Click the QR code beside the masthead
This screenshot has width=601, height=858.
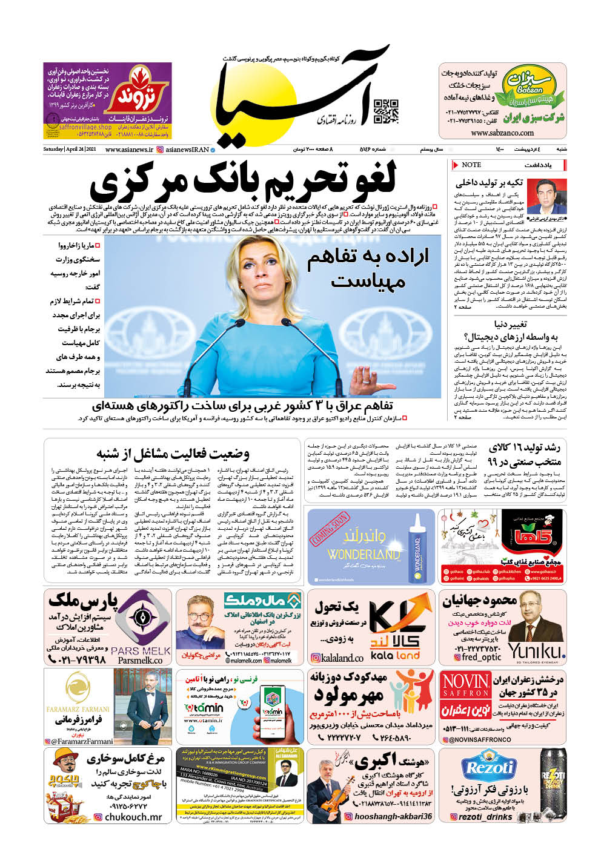(x=385, y=110)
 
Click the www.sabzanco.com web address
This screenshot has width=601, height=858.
(x=502, y=133)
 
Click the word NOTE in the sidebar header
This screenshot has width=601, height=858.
(x=471, y=165)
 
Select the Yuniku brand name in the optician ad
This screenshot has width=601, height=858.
(x=537, y=651)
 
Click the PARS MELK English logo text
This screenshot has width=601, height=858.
(x=141, y=651)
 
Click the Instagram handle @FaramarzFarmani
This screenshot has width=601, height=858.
(x=82, y=741)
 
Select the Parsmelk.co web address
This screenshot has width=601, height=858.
(x=140, y=661)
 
